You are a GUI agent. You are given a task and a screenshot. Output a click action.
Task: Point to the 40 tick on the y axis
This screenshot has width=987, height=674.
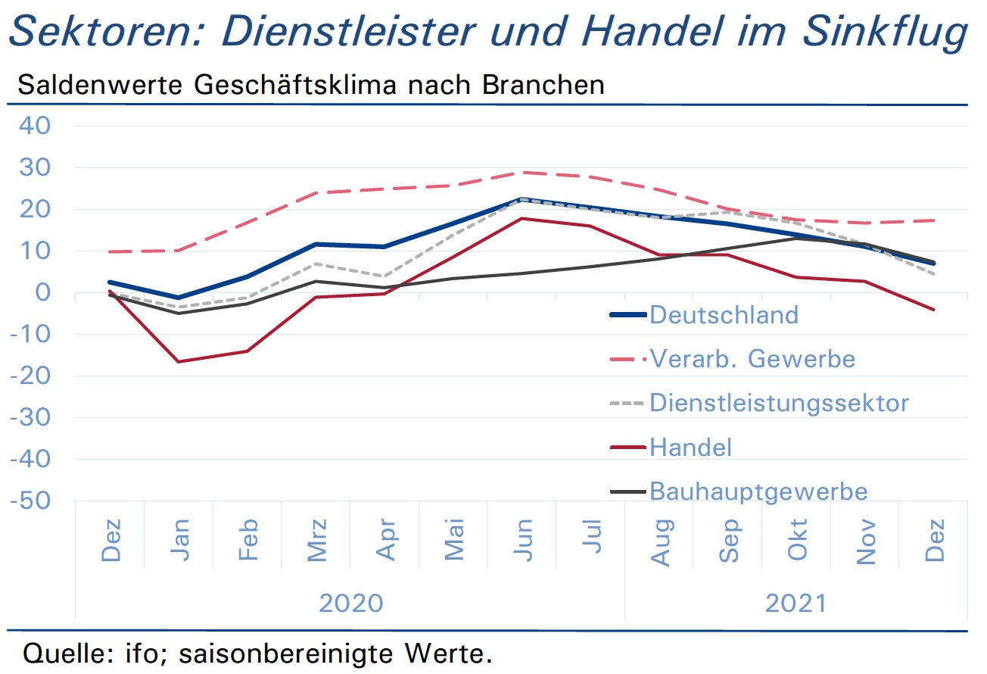click(35, 126)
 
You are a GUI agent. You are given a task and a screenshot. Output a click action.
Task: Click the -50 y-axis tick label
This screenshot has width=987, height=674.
click(30, 501)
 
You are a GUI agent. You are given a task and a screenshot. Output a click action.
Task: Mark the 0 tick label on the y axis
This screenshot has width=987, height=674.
click(42, 292)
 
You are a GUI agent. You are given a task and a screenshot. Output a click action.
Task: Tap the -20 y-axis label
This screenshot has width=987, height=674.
click(30, 376)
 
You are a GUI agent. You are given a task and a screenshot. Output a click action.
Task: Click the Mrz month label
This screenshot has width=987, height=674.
click(316, 540)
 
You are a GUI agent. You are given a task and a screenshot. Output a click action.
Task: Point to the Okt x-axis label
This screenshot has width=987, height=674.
click(797, 539)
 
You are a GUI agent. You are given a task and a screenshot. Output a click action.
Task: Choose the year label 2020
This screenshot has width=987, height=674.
click(350, 603)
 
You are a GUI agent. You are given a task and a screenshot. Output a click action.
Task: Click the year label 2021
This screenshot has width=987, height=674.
click(796, 603)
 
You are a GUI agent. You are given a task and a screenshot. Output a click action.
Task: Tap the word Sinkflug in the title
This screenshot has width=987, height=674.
click(885, 32)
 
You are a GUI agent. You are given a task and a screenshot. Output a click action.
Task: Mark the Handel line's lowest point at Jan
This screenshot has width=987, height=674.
click(179, 362)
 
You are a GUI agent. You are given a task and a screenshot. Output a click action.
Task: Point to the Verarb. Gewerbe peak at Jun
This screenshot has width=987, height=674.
click(522, 173)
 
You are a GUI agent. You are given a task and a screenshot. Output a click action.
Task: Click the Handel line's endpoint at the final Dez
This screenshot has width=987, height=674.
click(934, 310)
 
